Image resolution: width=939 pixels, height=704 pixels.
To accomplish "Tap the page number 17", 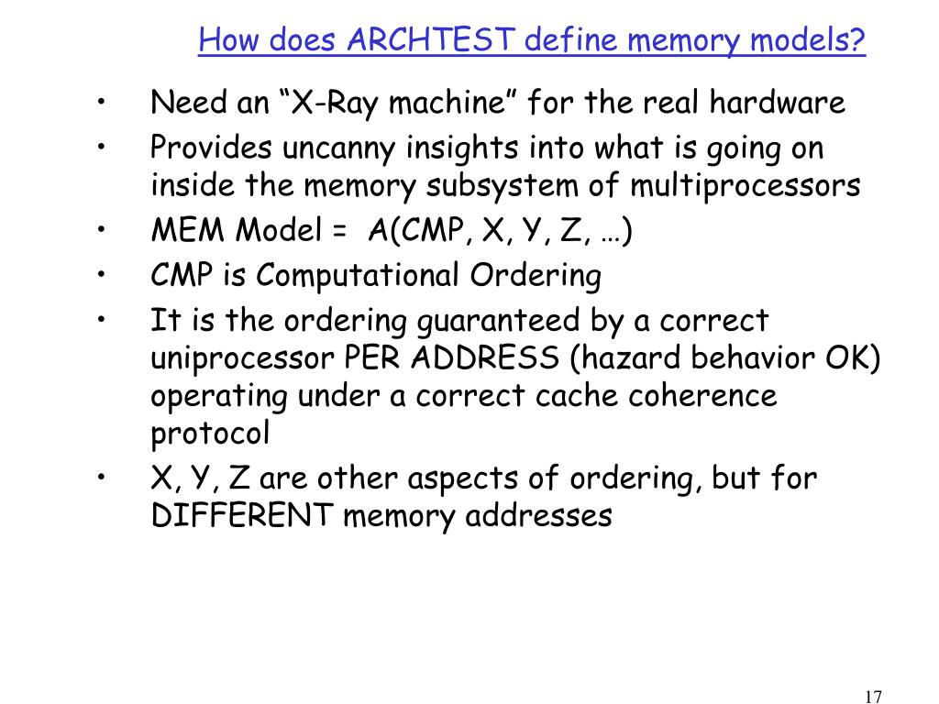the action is click(x=873, y=697).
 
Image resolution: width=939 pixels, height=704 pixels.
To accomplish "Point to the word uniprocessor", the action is click(x=243, y=358).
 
